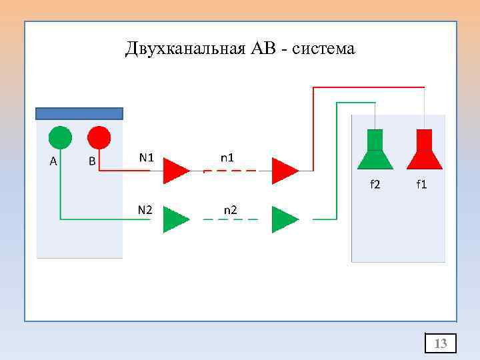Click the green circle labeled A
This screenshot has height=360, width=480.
60,137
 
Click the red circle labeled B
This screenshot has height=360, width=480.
99,137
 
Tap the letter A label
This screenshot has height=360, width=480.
53,161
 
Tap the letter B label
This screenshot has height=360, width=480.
92,161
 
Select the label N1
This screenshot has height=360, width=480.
147,158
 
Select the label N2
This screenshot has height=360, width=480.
145,210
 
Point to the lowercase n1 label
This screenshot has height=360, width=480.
227,158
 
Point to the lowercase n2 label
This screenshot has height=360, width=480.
230,210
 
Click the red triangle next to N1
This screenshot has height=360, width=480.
176,171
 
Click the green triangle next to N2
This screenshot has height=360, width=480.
176,219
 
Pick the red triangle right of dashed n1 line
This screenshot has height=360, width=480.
284,171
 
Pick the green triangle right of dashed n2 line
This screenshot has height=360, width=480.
284,219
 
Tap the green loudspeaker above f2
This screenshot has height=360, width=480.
375,151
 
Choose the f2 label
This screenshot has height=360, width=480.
375,184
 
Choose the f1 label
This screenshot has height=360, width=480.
421,184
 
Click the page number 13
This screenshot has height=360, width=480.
441,343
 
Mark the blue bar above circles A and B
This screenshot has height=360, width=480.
79,113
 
